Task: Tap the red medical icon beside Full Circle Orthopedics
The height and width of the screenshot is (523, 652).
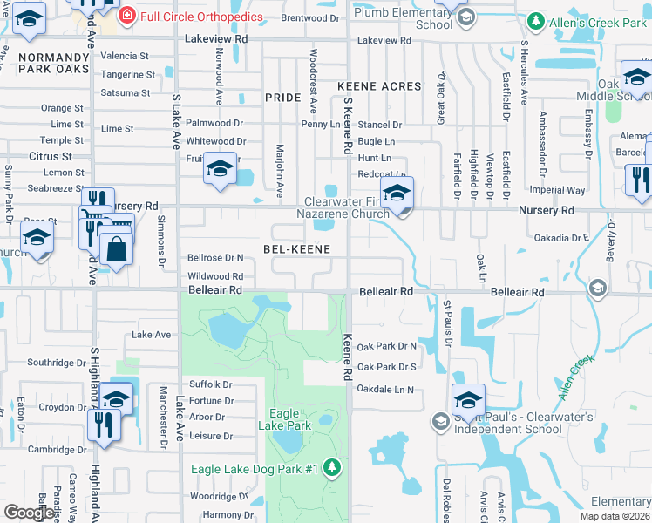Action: point(126,15)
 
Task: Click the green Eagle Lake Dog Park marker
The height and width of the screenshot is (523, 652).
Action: point(331,469)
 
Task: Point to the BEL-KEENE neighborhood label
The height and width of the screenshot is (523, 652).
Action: point(296,249)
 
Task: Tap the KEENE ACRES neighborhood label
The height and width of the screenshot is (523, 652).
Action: point(379,87)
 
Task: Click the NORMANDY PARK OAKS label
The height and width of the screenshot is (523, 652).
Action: point(53,62)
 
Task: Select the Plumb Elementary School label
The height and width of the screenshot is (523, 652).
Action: point(397,18)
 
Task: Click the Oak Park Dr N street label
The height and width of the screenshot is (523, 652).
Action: point(387,346)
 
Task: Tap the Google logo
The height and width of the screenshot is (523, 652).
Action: point(30,513)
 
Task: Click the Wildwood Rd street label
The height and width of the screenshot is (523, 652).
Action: point(215,275)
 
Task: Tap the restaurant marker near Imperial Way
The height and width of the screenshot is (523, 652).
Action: point(639,180)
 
